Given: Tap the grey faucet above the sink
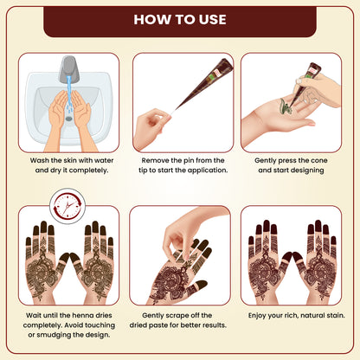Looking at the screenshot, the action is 68,68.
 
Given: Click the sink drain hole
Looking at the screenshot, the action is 68,119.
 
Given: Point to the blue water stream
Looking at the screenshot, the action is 69,93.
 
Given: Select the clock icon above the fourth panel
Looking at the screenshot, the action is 67,206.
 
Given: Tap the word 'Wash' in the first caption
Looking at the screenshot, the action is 40,160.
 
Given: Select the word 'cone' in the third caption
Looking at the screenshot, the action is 318,160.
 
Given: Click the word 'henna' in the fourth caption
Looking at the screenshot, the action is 83,315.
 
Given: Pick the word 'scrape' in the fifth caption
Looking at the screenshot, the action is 177,316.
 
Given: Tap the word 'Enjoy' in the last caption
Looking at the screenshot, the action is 257,316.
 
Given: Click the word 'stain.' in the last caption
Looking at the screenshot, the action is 335,315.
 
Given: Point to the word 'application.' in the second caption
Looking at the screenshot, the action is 208,170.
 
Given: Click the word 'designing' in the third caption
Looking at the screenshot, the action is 307,170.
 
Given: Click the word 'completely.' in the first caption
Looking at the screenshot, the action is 88,170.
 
